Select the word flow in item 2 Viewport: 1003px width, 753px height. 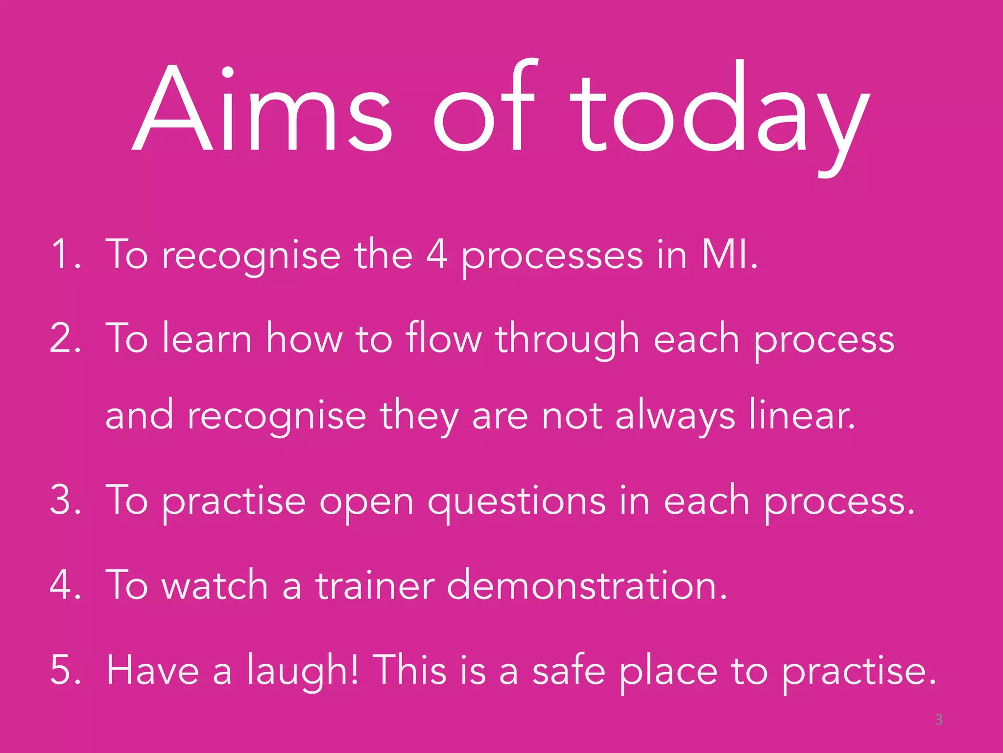tap(444, 338)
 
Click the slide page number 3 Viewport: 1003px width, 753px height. tap(938, 720)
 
